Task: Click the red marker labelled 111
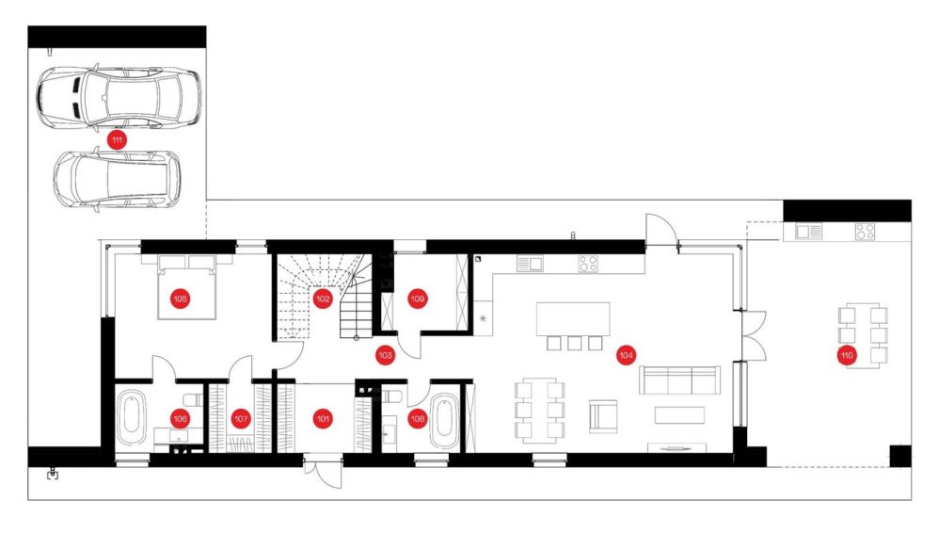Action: [x=117, y=141]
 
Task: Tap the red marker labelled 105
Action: [x=181, y=298]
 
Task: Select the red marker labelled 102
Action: [x=323, y=299]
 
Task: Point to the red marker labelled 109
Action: [x=418, y=299]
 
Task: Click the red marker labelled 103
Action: [x=385, y=356]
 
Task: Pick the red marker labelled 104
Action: [x=626, y=356]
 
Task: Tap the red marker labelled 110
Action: [x=846, y=356]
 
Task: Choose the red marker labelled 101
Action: [x=324, y=418]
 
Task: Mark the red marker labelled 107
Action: [x=241, y=418]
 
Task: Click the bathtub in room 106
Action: [x=131, y=417]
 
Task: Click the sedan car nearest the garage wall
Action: [x=119, y=97]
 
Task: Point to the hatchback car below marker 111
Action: [x=116, y=179]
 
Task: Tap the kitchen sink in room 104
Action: [x=530, y=264]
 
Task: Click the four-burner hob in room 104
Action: [x=588, y=264]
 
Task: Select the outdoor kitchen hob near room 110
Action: [x=865, y=232]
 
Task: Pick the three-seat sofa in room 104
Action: [x=679, y=380]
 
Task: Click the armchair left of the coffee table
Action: [x=603, y=416]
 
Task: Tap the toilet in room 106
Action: [x=192, y=400]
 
